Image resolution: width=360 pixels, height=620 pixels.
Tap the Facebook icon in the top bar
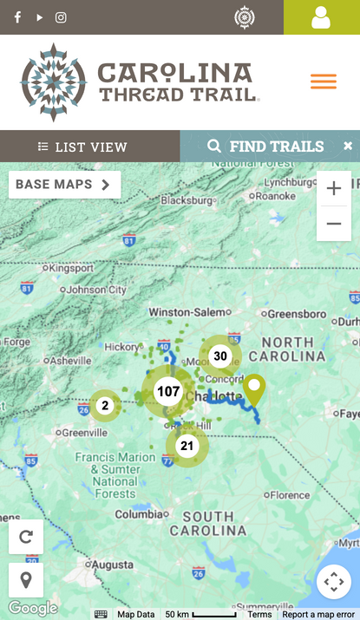17,17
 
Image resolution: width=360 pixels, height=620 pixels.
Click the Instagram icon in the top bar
61,17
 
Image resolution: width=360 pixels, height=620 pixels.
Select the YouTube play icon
39,17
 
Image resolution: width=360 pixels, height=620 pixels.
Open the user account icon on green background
321,17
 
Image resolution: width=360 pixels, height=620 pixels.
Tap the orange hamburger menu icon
324,82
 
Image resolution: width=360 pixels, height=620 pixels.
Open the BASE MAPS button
64,185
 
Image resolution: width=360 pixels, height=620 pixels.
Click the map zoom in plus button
334,188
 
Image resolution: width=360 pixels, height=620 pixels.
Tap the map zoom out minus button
334,224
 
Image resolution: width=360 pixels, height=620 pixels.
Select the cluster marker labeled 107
168,392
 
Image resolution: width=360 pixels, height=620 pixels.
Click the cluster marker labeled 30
220,356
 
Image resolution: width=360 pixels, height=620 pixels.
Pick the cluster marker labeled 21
187,446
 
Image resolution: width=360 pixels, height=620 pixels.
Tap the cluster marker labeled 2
105,405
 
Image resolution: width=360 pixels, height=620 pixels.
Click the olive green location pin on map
254,389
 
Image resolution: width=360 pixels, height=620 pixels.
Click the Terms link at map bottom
259,614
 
